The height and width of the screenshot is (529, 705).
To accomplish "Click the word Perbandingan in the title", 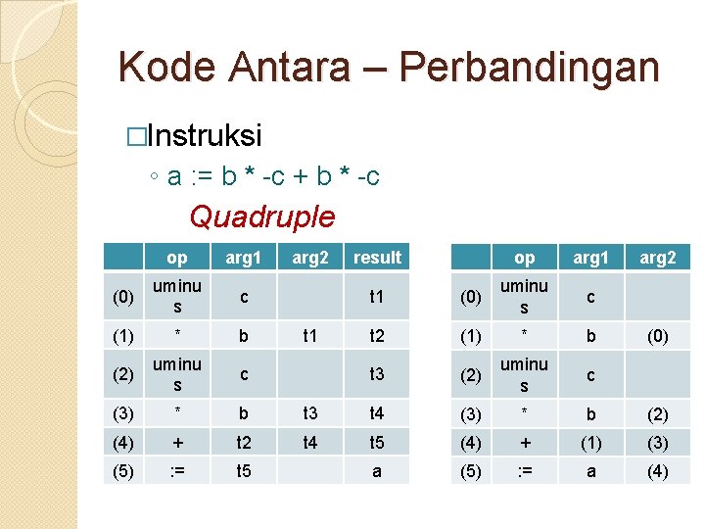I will [x=530, y=67].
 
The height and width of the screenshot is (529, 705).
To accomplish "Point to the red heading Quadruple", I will [x=261, y=216].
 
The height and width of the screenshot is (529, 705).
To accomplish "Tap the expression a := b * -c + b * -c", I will [x=273, y=176].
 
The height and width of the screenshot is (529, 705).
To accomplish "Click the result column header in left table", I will [x=377, y=258].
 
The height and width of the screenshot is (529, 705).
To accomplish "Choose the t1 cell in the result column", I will [x=377, y=296].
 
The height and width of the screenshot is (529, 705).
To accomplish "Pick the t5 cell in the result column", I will [x=377, y=442].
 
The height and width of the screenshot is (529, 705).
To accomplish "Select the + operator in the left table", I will [x=177, y=442].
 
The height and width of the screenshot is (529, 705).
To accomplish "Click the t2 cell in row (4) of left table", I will [x=244, y=442].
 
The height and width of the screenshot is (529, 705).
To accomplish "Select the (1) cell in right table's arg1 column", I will [x=590, y=442].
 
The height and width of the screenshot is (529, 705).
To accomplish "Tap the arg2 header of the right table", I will [x=657, y=258].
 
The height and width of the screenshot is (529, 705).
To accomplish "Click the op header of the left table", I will [x=177, y=258].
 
